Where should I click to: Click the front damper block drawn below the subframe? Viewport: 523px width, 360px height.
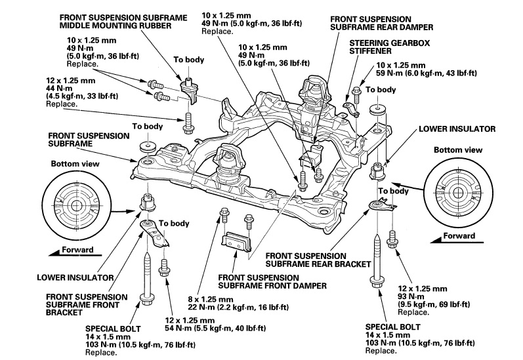(238, 243)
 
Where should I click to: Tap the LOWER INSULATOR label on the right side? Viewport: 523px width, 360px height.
(450, 129)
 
